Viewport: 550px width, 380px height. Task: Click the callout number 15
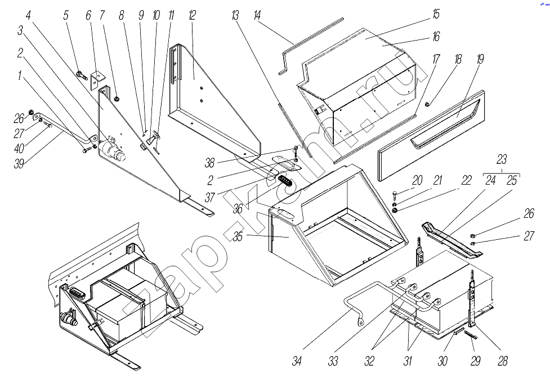[436, 14]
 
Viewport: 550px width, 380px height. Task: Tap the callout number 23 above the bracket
[502, 159]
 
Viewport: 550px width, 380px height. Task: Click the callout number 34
[297, 361]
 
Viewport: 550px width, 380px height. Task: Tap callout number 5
[66, 15]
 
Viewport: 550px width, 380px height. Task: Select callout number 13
[235, 15]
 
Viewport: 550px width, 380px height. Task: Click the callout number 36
[239, 208]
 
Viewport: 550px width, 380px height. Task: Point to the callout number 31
[408, 361]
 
